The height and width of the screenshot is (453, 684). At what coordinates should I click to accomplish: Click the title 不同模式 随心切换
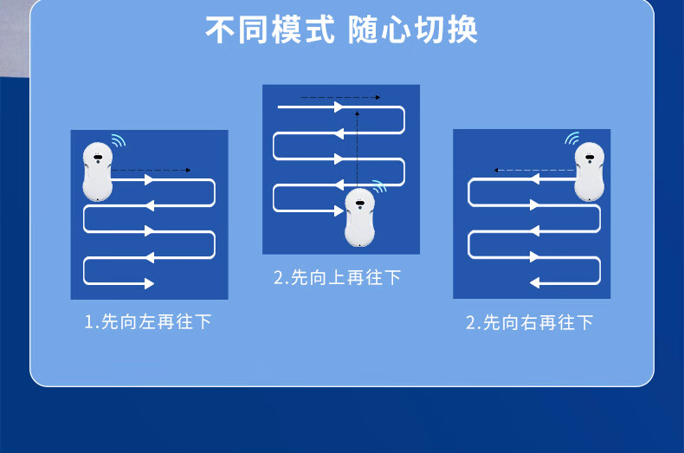(341, 29)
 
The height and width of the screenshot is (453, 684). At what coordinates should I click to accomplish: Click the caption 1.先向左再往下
(148, 322)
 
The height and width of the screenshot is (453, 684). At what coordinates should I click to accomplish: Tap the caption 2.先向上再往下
(338, 278)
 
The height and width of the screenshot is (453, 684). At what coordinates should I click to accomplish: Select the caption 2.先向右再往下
(530, 323)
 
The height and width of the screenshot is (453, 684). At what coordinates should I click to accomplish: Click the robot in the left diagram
(97, 171)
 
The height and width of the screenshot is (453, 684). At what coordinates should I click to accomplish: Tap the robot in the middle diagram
(359, 217)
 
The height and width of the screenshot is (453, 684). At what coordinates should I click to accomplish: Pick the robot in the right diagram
(590, 171)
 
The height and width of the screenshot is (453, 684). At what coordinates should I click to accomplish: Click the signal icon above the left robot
(118, 140)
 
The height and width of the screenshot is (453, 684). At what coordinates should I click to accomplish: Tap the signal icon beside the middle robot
(380, 186)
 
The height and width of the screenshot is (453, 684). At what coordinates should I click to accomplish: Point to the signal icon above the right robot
(571, 139)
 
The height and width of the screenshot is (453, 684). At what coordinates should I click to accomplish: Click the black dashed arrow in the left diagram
(152, 171)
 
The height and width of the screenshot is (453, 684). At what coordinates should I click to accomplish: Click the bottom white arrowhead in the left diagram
(149, 283)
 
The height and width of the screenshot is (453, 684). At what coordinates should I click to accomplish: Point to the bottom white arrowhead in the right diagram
(535, 282)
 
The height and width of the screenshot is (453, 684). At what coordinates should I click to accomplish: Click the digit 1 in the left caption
(88, 322)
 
